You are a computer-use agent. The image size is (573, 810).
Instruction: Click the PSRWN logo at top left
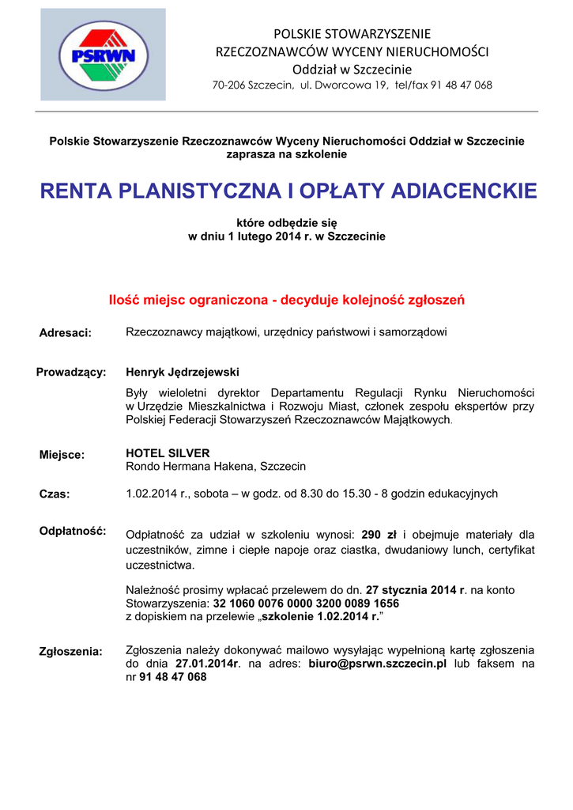[x=104, y=54]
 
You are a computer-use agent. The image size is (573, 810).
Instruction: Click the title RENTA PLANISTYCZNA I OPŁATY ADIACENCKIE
[x=288, y=191]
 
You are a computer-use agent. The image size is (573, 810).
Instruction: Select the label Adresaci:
[x=66, y=333]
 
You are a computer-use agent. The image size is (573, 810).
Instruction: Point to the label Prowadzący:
[x=71, y=373]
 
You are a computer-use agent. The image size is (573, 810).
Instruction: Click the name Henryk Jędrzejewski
[x=183, y=372]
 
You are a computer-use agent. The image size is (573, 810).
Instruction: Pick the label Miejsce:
[x=62, y=455]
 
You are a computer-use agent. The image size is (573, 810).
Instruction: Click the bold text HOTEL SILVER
[x=168, y=453]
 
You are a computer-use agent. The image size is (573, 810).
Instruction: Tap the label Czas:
[x=55, y=494]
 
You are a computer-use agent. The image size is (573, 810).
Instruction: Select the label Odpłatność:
[x=73, y=530]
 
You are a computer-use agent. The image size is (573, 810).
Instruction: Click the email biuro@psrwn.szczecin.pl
[x=378, y=664]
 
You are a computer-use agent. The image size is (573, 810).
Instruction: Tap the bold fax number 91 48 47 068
[x=172, y=677]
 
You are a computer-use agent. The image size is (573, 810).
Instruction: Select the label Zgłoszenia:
[x=71, y=652]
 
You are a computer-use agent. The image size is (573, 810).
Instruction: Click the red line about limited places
[x=286, y=301]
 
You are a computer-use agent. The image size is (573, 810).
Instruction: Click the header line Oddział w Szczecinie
[x=352, y=70]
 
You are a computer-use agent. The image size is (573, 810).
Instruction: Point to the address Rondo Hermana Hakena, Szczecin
[x=216, y=467]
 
